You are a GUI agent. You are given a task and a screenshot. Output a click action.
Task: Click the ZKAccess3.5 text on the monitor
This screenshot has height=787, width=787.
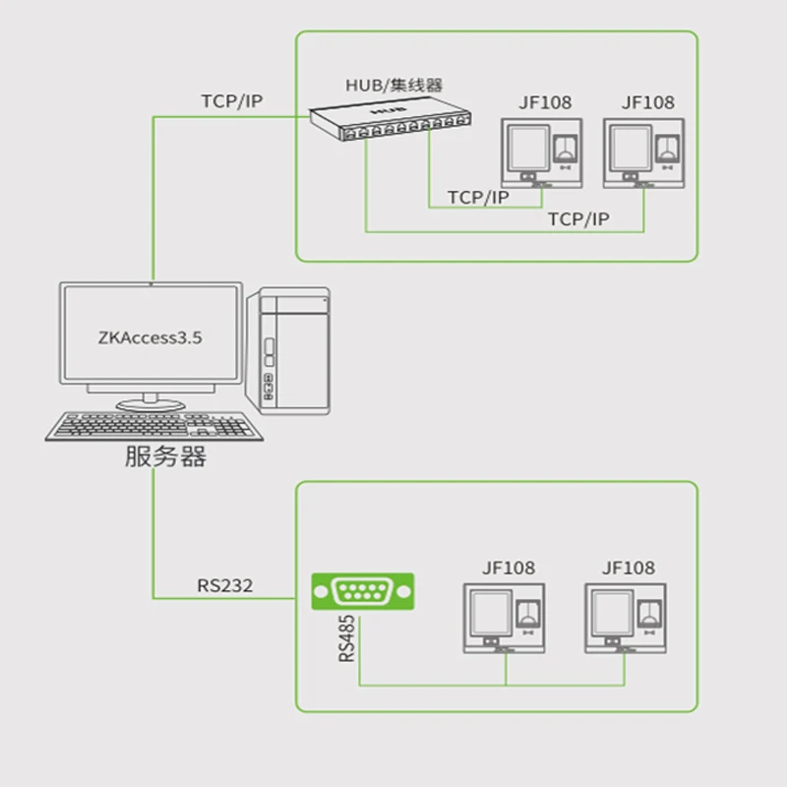point(151,336)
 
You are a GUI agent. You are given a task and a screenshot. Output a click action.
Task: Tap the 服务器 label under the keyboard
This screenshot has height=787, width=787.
point(165,456)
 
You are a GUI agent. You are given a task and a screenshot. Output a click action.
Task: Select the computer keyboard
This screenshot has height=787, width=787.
point(154,426)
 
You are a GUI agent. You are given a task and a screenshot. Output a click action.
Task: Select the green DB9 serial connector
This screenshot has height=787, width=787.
point(363,592)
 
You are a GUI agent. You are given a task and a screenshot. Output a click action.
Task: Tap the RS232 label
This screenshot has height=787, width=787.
point(224,586)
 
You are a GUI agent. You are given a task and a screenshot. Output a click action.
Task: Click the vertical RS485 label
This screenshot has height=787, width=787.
point(347,639)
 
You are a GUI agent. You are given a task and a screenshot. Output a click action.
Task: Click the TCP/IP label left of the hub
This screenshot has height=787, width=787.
point(232,101)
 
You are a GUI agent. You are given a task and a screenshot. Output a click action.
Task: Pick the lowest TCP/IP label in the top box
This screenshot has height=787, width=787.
point(578,219)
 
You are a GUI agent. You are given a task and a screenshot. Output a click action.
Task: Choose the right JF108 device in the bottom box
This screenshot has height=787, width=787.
point(627,618)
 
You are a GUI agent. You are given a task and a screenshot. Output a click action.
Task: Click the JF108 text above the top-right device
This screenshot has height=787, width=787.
point(648,102)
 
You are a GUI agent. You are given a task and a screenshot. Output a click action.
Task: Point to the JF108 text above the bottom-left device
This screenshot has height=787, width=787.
point(508,568)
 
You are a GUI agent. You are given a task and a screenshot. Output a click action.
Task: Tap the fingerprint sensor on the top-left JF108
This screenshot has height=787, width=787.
point(568,149)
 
